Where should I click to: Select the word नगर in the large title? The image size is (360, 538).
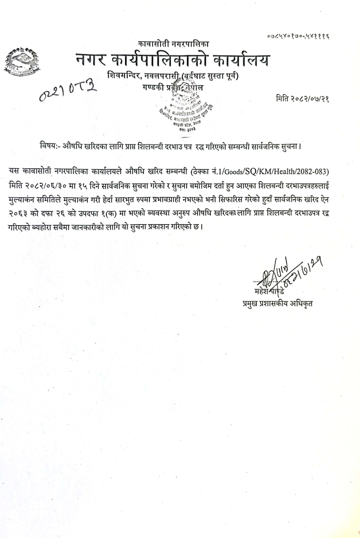tap(90, 61)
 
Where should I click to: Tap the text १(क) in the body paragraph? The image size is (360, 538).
tap(116, 213)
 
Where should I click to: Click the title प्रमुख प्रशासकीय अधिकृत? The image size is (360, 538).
tap(275, 303)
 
